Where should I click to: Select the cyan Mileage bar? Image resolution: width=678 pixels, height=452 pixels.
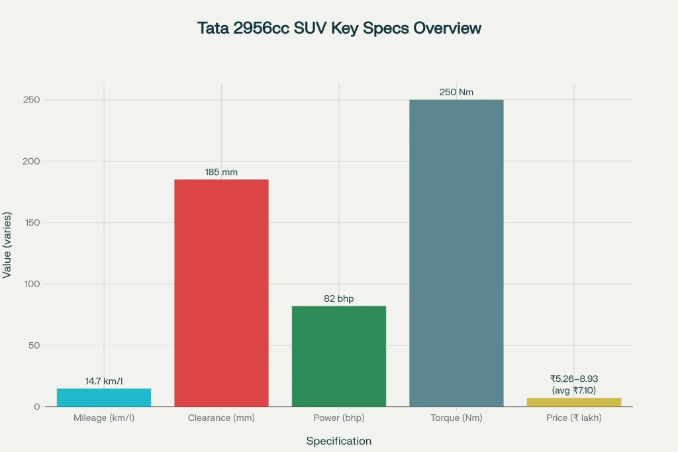(x=104, y=397)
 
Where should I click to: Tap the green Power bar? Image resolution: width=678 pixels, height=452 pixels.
(x=339, y=356)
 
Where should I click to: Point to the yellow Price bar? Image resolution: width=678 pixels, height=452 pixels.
(x=574, y=402)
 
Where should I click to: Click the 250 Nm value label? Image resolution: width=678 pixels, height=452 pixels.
(x=456, y=92)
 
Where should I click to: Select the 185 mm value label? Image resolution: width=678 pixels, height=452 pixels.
(x=221, y=172)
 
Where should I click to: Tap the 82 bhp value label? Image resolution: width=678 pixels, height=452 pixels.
(x=339, y=298)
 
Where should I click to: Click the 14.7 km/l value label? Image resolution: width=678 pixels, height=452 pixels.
(x=104, y=381)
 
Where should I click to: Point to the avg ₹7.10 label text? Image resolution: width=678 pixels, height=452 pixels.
(x=574, y=390)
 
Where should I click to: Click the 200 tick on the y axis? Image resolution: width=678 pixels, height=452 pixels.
(x=31, y=161)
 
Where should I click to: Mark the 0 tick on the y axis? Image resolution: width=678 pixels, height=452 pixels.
(x=37, y=407)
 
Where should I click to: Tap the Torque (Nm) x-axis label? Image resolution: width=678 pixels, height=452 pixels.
(x=456, y=418)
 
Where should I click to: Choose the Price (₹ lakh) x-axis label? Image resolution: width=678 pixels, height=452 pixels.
(x=574, y=418)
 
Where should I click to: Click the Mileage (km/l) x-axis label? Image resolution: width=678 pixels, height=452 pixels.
(x=104, y=418)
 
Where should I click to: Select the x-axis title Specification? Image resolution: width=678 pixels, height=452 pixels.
(x=338, y=441)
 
